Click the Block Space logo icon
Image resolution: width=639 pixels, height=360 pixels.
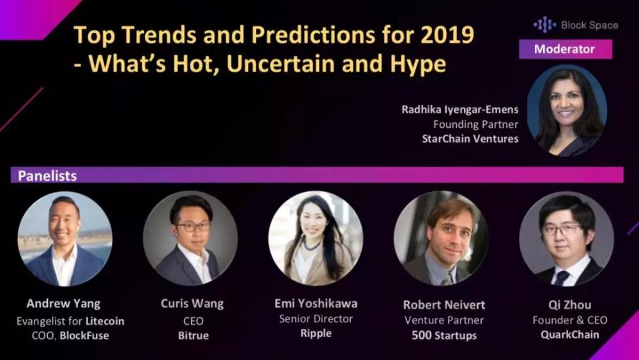(x=545, y=25)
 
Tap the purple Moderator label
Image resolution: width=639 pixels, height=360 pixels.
(x=566, y=49)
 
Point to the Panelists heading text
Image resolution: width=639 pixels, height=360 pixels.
(x=47, y=176)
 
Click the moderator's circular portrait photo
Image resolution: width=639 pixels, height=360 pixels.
(x=567, y=110)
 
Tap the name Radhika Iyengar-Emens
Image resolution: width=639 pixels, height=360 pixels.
(x=459, y=110)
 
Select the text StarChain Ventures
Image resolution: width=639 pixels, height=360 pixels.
(x=470, y=139)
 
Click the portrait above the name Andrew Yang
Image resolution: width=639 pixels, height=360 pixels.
(x=65, y=239)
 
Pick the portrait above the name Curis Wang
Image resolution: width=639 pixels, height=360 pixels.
(x=190, y=239)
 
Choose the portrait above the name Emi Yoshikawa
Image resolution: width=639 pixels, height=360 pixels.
(x=316, y=239)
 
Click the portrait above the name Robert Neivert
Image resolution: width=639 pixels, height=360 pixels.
(x=441, y=239)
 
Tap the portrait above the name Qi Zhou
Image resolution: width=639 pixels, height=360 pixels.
(x=566, y=239)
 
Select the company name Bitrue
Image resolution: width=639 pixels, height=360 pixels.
(x=193, y=336)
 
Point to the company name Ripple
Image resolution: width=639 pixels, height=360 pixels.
(x=316, y=334)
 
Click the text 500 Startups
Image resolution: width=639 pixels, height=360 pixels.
(x=444, y=336)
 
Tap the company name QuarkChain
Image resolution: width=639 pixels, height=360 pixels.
(x=570, y=334)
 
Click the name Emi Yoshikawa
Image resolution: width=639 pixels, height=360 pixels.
(x=316, y=303)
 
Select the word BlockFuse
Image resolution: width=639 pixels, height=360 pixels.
(x=84, y=336)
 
